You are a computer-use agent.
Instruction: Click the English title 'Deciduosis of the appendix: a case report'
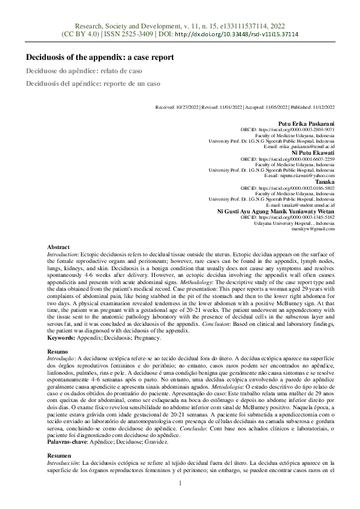(100, 57)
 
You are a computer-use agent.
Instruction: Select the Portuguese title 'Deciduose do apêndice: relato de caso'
(80, 71)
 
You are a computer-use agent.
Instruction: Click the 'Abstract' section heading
(59, 247)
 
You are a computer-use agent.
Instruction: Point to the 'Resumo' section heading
(58, 351)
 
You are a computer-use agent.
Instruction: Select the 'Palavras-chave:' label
(67, 443)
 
